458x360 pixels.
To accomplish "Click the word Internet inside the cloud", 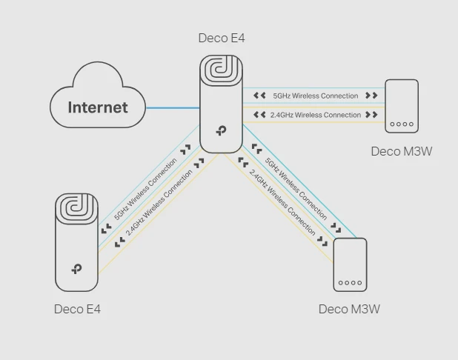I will pyautogui.click(x=98, y=107).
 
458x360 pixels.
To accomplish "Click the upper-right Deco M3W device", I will pyautogui.click(x=402, y=106).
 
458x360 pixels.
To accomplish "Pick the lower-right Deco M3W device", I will pyautogui.click(x=350, y=265).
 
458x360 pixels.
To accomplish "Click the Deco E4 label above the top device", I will pyautogui.click(x=222, y=38).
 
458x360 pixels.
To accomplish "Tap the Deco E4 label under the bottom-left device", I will pyautogui.click(x=77, y=309).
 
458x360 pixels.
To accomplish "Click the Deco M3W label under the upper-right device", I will pyautogui.click(x=401, y=151).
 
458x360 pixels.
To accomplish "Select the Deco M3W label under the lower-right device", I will pyautogui.click(x=349, y=309).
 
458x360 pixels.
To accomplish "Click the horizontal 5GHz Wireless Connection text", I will pyautogui.click(x=315, y=96).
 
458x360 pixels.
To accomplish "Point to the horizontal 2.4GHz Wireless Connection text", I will pyautogui.click(x=315, y=115).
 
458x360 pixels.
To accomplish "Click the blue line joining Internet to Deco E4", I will pyautogui.click(x=173, y=108).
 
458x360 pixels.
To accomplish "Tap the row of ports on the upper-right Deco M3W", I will pyautogui.click(x=402, y=124).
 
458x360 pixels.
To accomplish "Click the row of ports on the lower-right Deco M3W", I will pyautogui.click(x=350, y=282).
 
